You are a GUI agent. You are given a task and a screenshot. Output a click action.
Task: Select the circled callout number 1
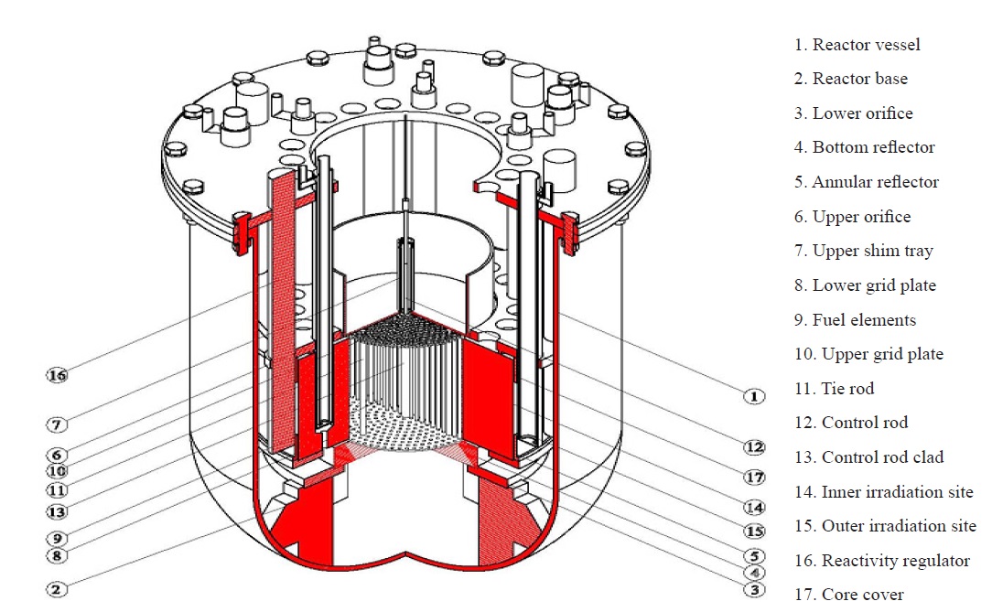753,396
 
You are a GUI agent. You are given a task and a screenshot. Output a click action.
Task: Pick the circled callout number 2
58,589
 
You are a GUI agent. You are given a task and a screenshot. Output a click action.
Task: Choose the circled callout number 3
754,590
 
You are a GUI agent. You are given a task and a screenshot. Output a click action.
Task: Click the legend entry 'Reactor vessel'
857,45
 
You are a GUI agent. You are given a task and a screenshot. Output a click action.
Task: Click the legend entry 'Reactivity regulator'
882,561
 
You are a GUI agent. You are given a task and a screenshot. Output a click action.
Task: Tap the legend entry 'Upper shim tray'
863,251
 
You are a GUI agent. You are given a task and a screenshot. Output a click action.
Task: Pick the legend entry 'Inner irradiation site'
883,492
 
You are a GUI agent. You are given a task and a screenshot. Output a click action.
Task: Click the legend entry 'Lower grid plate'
865,285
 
